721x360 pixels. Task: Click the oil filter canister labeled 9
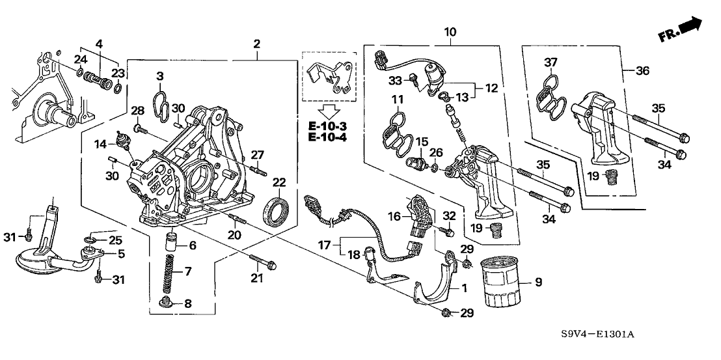click(x=502, y=284)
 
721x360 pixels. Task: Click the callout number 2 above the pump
click(x=257, y=44)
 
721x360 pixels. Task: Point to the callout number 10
click(x=450, y=31)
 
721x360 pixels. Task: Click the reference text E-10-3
click(x=329, y=124)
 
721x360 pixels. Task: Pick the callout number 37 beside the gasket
click(x=551, y=62)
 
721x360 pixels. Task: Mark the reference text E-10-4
click(x=329, y=137)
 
